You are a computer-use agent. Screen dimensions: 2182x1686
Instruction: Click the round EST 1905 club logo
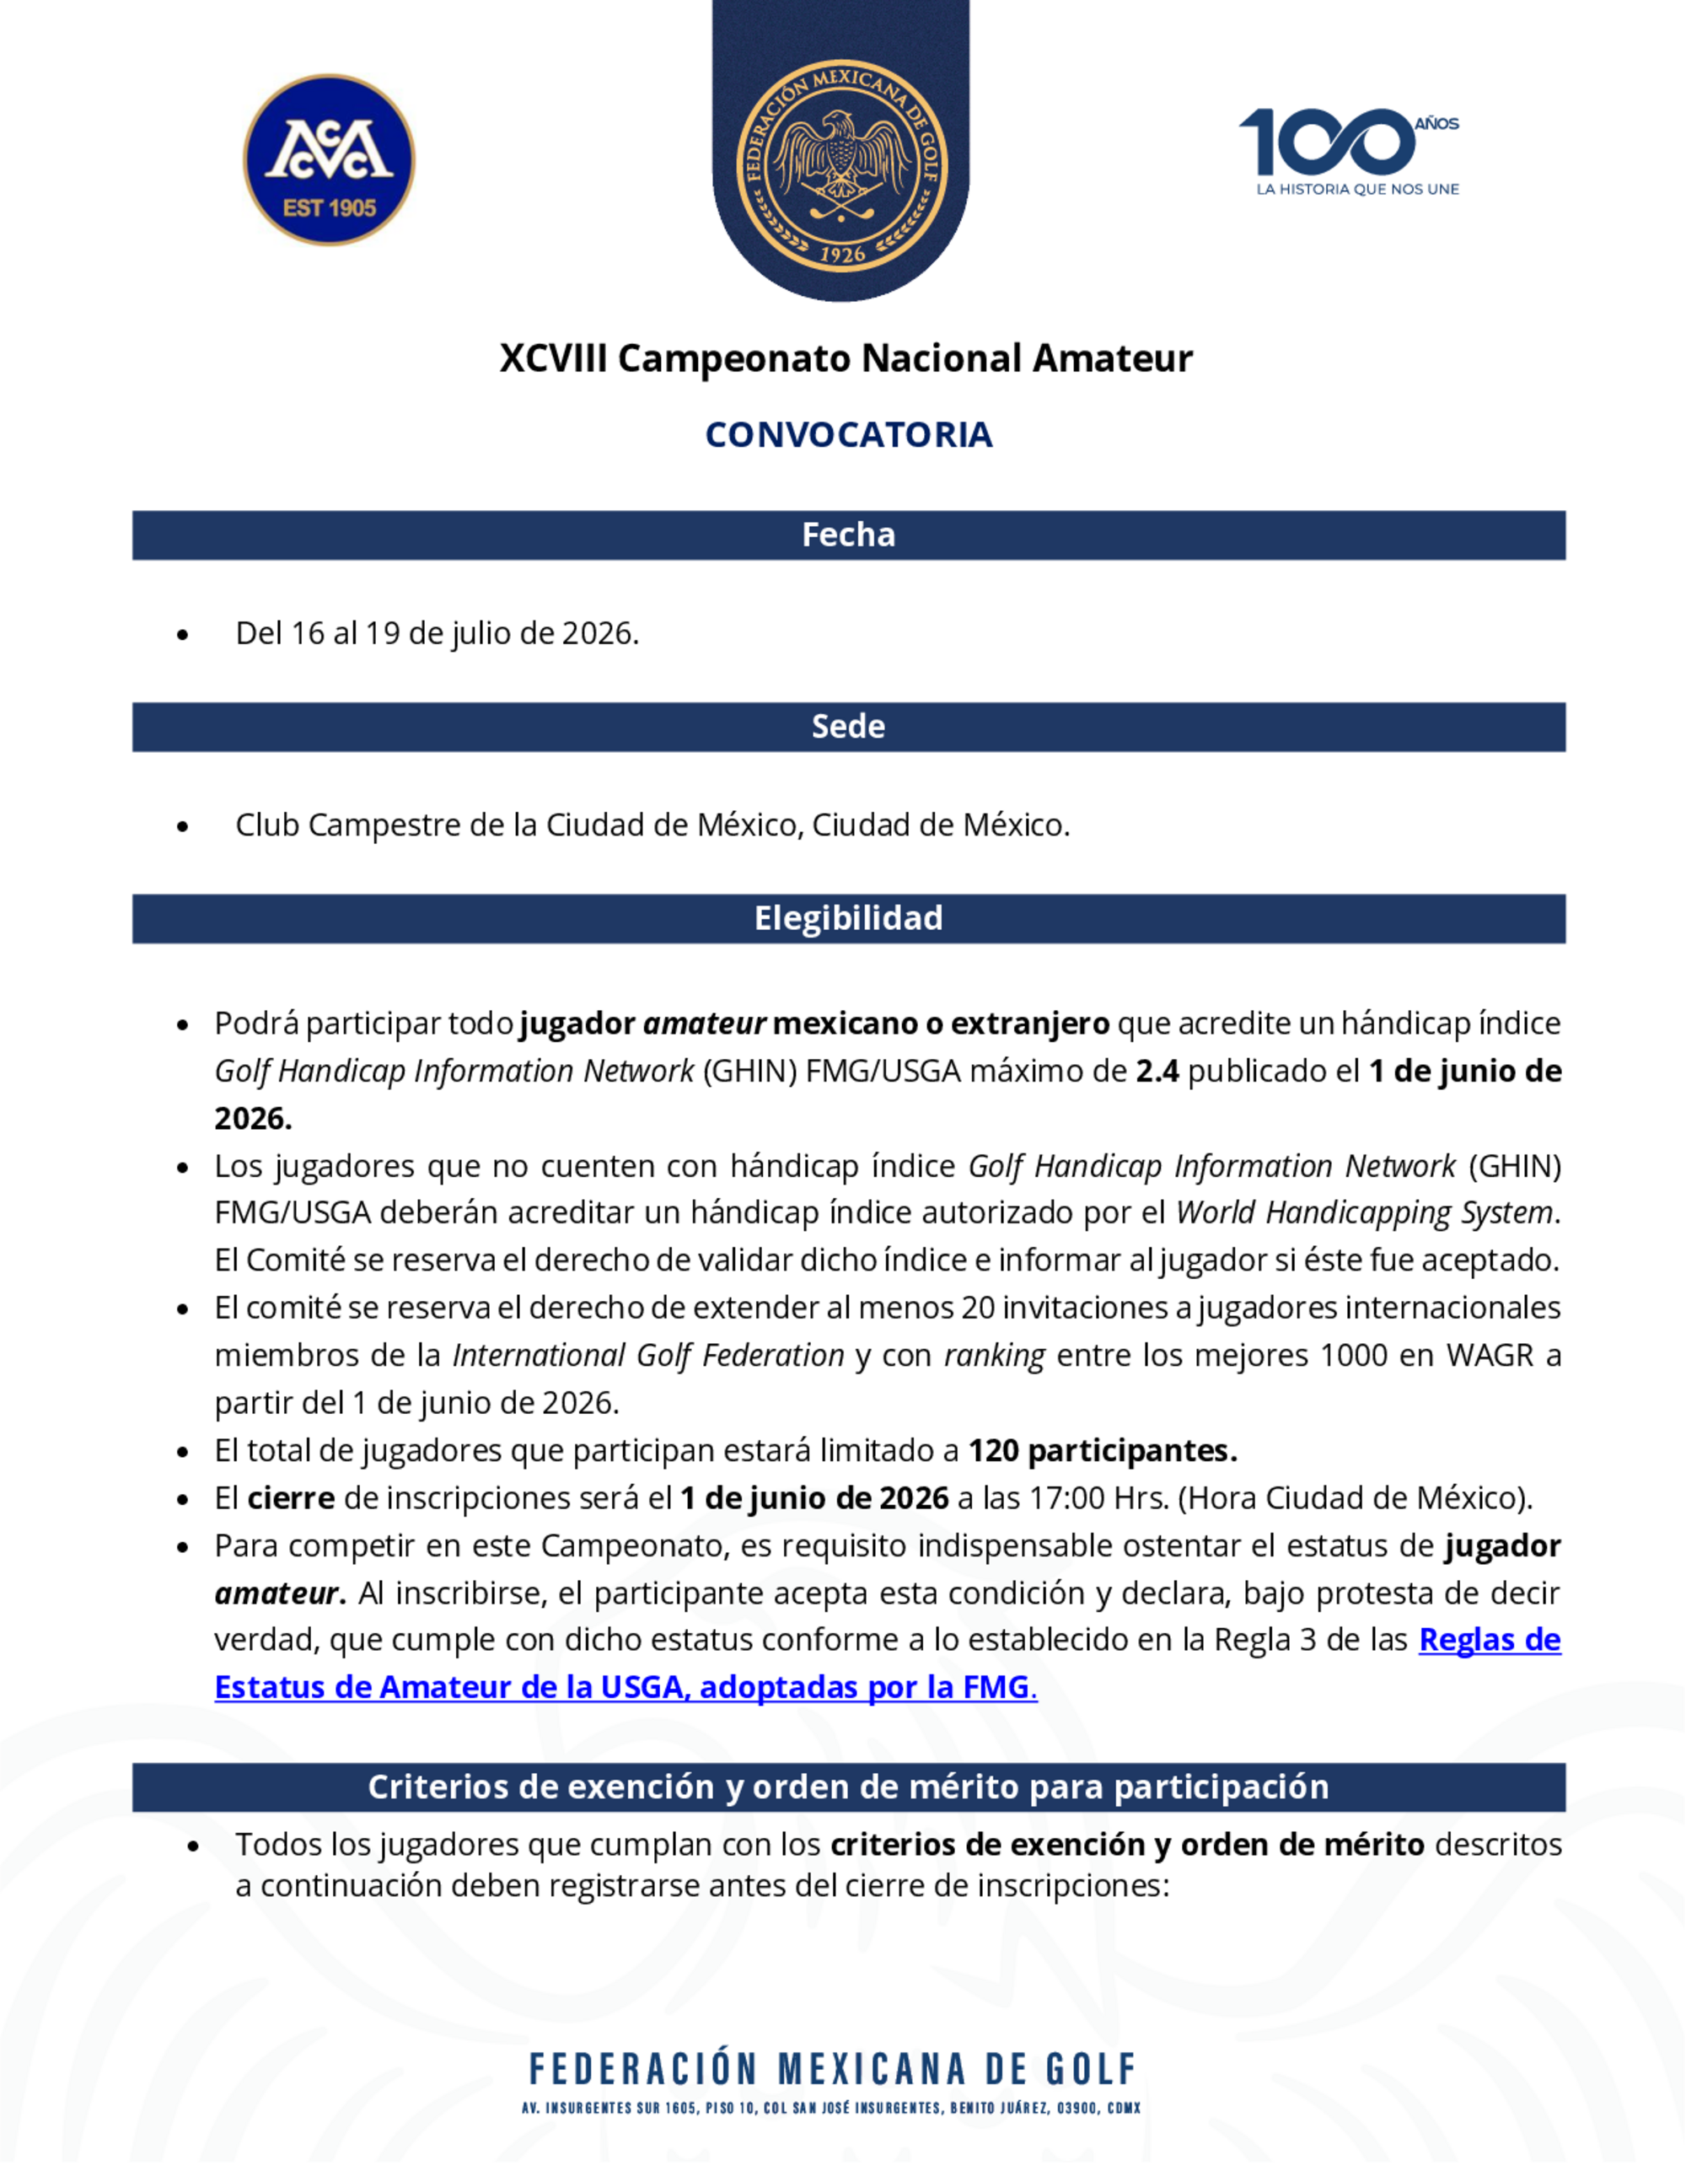point(329,160)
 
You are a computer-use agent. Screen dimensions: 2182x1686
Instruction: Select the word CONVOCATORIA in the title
point(848,434)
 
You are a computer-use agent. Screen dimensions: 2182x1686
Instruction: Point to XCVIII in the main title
point(552,357)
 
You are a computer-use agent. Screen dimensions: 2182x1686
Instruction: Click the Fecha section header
point(848,535)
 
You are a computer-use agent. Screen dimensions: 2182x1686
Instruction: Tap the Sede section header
point(848,726)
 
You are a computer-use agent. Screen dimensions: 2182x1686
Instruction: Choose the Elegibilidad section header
point(848,918)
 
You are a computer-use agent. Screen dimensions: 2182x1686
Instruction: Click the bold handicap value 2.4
point(1157,1071)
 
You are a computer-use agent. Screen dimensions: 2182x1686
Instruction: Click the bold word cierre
point(291,1498)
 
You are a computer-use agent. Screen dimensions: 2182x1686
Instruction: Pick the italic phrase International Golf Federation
point(648,1356)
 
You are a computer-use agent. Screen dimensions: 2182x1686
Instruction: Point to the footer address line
point(831,2108)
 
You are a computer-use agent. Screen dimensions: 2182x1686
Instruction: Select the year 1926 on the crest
point(842,255)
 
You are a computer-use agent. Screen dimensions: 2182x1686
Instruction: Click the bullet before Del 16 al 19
point(182,634)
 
